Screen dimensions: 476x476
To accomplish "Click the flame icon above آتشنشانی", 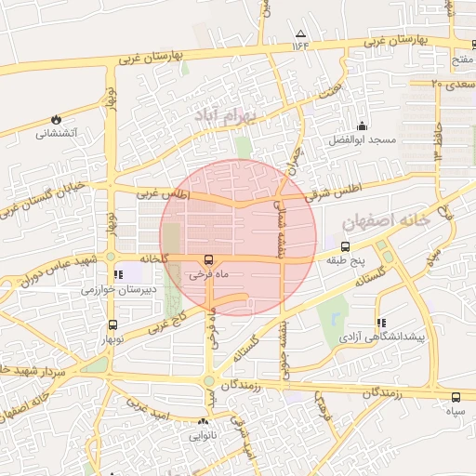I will point(56,119).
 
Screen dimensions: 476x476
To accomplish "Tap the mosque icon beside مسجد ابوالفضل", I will point(362,126).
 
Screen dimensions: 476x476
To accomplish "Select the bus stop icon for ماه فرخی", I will point(208,261).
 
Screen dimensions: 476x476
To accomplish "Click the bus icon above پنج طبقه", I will point(345,247).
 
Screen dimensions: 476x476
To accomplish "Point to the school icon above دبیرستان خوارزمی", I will point(117,275).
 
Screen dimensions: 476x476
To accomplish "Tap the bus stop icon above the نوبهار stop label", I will point(113,325).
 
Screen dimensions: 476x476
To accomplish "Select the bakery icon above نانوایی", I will point(204,422).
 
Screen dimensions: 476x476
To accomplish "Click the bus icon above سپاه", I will point(456,395).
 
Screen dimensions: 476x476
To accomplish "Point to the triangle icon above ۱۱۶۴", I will point(299,33).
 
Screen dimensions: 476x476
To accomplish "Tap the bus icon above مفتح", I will point(461,46).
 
